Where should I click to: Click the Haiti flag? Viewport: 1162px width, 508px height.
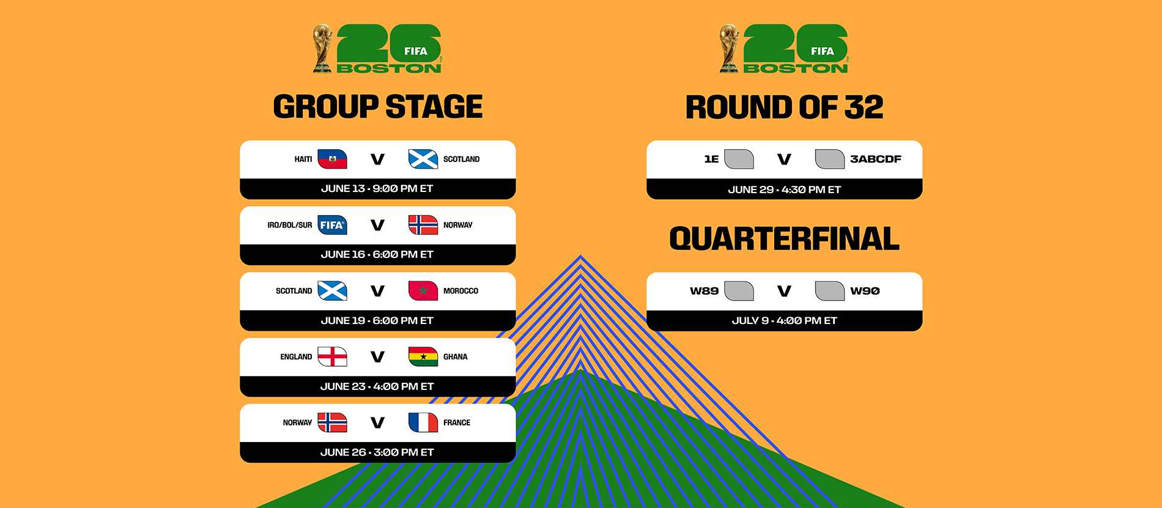coord(332,159)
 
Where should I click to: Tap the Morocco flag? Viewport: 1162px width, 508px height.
coord(423,291)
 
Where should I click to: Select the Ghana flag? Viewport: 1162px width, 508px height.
coord(423,356)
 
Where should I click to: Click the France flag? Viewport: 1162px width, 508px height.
coord(423,422)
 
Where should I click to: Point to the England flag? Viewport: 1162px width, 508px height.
coord(332,356)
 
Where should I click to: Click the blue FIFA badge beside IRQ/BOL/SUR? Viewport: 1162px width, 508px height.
coord(332,225)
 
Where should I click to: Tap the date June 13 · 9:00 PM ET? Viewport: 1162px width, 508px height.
coord(377,189)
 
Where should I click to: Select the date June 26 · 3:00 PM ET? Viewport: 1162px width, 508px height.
coord(377,452)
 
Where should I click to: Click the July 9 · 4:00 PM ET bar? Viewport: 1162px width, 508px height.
coord(784,321)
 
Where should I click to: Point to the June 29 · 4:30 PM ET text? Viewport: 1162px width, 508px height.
coord(784,190)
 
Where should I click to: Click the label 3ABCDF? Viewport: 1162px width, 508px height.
coord(875,159)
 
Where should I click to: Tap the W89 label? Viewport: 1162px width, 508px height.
coord(704,291)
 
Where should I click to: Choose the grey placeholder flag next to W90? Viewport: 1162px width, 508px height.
coord(829,291)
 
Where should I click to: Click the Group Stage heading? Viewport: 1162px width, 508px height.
coord(377,107)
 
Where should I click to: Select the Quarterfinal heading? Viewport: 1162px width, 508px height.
coord(784,239)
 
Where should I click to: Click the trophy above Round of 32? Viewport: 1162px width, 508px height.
coord(728,49)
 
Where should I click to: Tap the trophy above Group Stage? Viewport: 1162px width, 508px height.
coord(322,49)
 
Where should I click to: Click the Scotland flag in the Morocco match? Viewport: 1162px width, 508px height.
coord(332,291)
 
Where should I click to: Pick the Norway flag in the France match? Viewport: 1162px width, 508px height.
coord(332,422)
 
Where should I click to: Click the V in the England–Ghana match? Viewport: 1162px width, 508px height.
coord(377,356)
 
